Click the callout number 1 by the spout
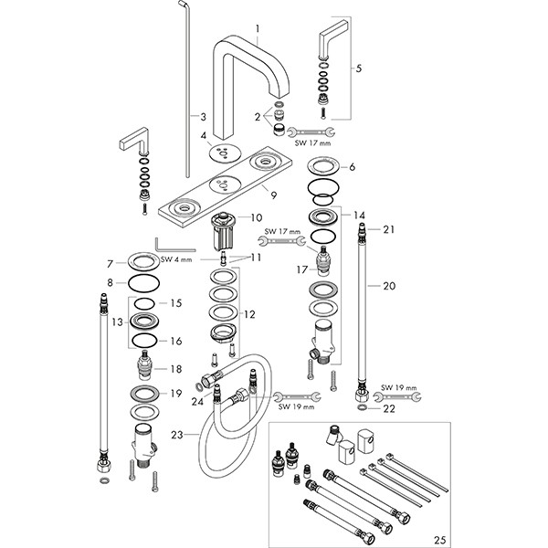tap(259, 28)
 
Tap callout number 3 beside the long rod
tap(203, 116)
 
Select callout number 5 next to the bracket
tap(358, 68)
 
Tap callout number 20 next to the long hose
tap(389, 286)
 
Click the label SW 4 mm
tap(174, 259)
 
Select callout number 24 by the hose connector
tap(198, 399)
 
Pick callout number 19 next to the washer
tap(176, 394)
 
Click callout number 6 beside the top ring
tap(350, 166)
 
